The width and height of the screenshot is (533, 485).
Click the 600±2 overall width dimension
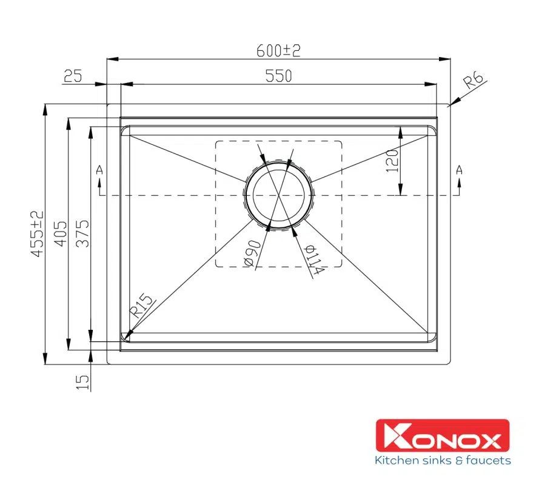[278, 51]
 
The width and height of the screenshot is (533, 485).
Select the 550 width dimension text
[278, 76]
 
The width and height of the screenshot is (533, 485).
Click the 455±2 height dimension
[38, 233]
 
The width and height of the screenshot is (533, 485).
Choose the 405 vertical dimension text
[61, 233]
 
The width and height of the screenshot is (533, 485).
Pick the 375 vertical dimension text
[82, 233]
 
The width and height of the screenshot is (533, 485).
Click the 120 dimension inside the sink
[392, 161]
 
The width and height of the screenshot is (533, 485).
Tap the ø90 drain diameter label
[252, 253]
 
